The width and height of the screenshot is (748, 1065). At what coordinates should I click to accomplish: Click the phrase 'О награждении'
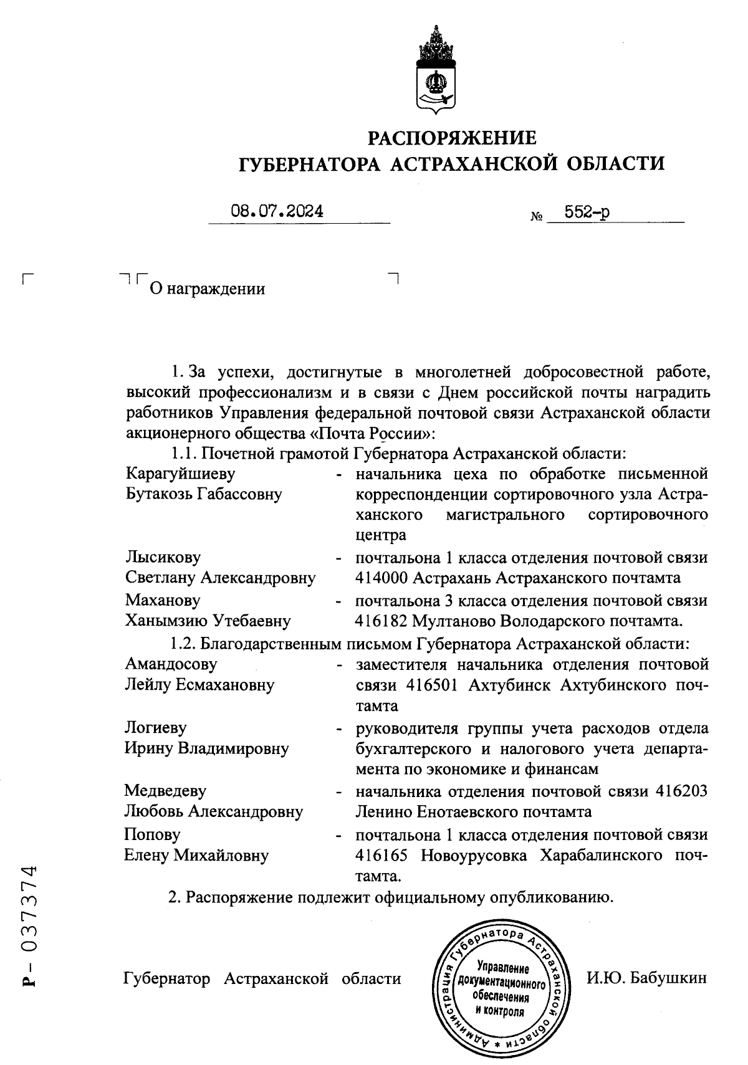point(206,289)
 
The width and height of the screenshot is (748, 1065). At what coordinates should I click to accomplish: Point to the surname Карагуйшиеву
point(181,474)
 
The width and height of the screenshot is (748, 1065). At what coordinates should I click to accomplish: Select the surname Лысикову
point(163,557)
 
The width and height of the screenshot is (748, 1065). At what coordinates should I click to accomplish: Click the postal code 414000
point(381,578)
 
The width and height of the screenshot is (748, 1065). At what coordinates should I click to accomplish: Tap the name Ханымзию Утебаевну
point(208,621)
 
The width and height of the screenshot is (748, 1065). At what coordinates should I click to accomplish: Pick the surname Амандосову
point(171,664)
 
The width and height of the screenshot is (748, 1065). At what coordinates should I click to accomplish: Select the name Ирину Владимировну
point(206,748)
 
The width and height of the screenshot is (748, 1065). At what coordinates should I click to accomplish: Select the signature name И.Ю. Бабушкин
point(646,978)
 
